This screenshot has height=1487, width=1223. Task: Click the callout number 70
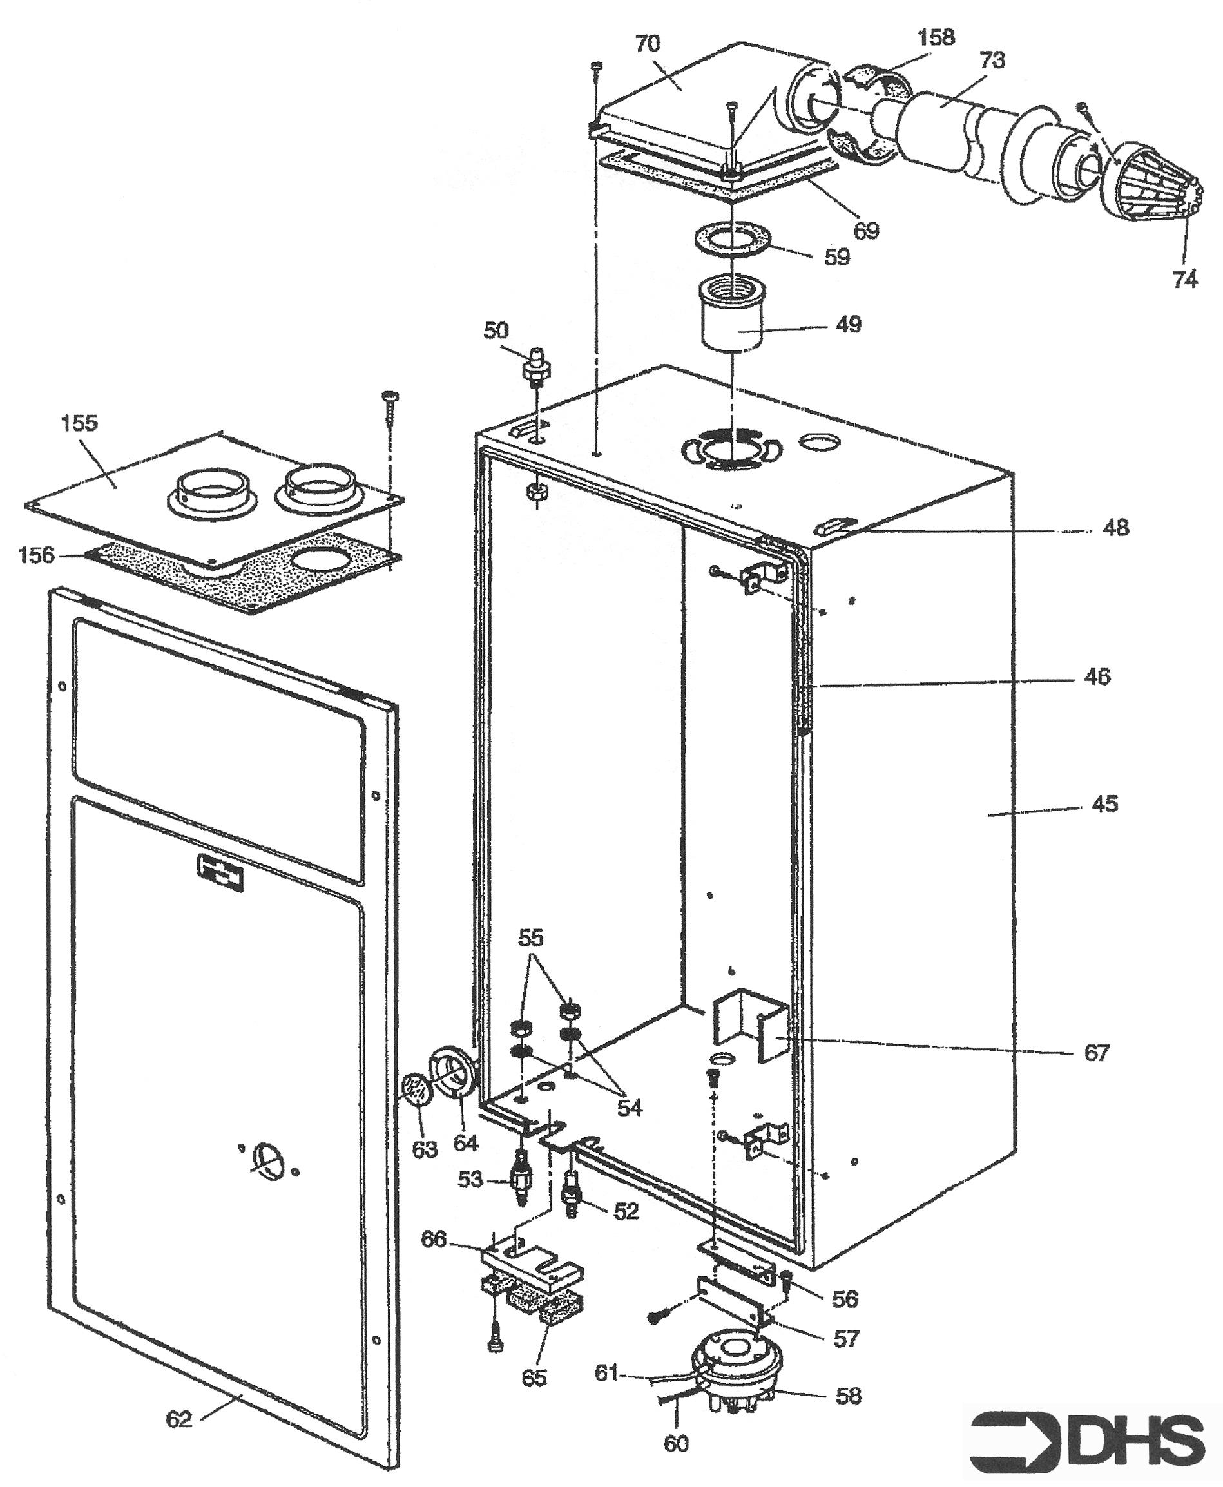(x=648, y=44)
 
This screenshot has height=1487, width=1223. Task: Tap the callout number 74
(x=1185, y=280)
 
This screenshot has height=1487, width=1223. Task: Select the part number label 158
(x=936, y=37)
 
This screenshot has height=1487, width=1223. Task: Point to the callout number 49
(x=848, y=325)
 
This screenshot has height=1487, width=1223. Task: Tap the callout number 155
(x=80, y=423)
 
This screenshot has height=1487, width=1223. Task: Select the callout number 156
(x=37, y=555)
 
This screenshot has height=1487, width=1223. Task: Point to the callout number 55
(x=531, y=937)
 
